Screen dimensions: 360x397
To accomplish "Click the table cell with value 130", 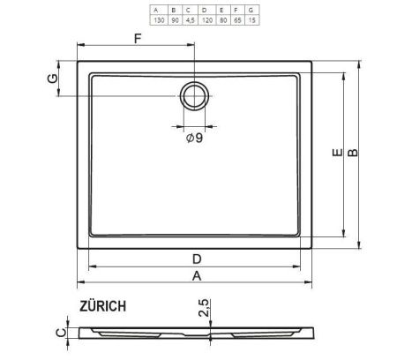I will [155, 19].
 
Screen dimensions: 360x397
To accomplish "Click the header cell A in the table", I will [155, 10].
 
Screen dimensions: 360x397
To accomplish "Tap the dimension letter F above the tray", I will [137, 38].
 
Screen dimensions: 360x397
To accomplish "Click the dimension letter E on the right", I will [336, 154].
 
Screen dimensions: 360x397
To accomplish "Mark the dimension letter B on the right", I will [353, 154].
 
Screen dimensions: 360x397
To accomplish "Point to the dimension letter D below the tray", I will [198, 259].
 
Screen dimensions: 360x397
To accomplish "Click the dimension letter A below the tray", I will [198, 275].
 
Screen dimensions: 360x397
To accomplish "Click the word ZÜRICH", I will [101, 306].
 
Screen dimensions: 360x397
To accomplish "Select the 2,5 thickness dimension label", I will [204, 309].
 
